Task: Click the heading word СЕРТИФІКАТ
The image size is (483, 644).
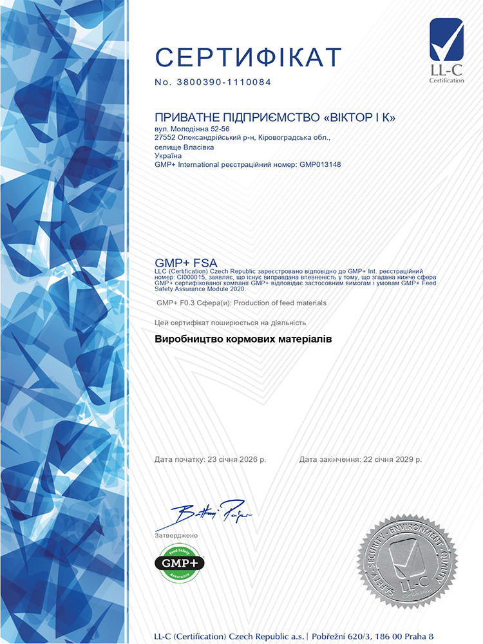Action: (x=248, y=58)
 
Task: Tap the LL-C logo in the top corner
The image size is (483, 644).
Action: (x=446, y=50)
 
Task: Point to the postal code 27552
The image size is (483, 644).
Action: (x=166, y=137)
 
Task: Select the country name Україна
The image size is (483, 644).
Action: (x=167, y=155)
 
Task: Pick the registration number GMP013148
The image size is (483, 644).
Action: (x=320, y=164)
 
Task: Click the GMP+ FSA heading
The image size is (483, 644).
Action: (x=187, y=263)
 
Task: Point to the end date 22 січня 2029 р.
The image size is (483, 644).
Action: (x=391, y=460)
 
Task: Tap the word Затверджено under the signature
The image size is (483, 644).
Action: (x=176, y=535)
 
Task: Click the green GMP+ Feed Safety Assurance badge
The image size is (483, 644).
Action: (x=179, y=563)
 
